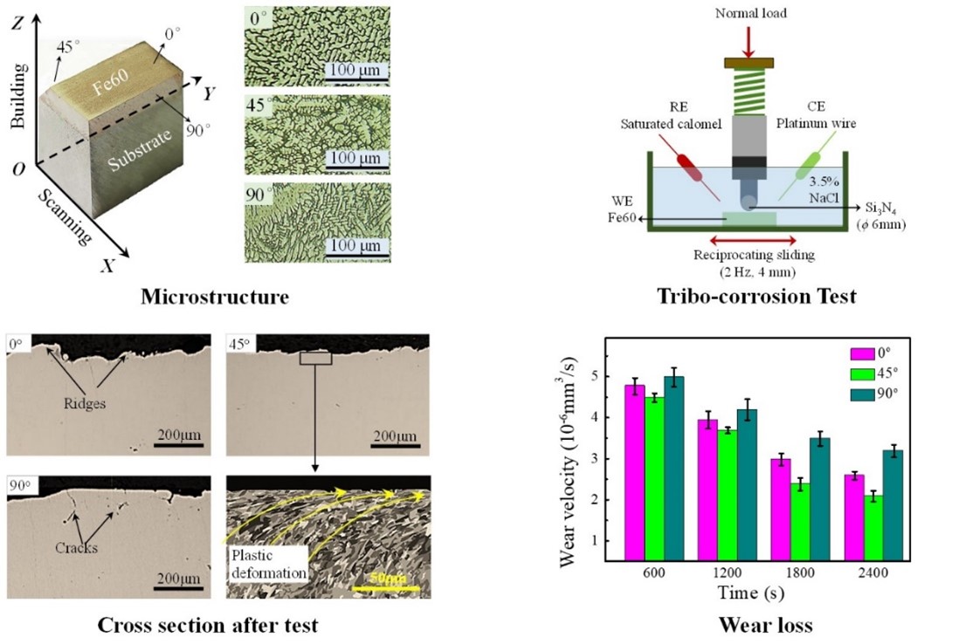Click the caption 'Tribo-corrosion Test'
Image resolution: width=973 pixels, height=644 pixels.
pos(756,297)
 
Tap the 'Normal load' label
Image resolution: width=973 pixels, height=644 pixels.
pos(750,12)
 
